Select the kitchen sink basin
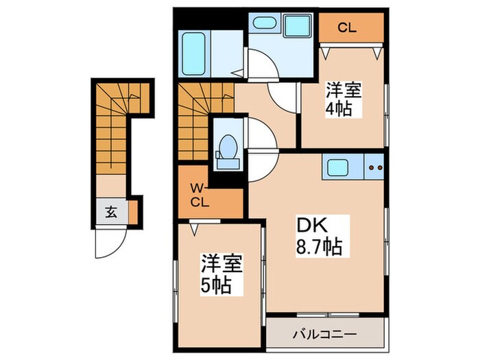click(339, 167)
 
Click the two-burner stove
click(374, 167)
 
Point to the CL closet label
click(348, 28)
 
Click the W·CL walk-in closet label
click(198, 195)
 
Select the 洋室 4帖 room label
click(343, 99)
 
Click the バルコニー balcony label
click(323, 335)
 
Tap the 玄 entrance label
click(110, 212)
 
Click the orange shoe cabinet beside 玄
click(133, 212)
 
